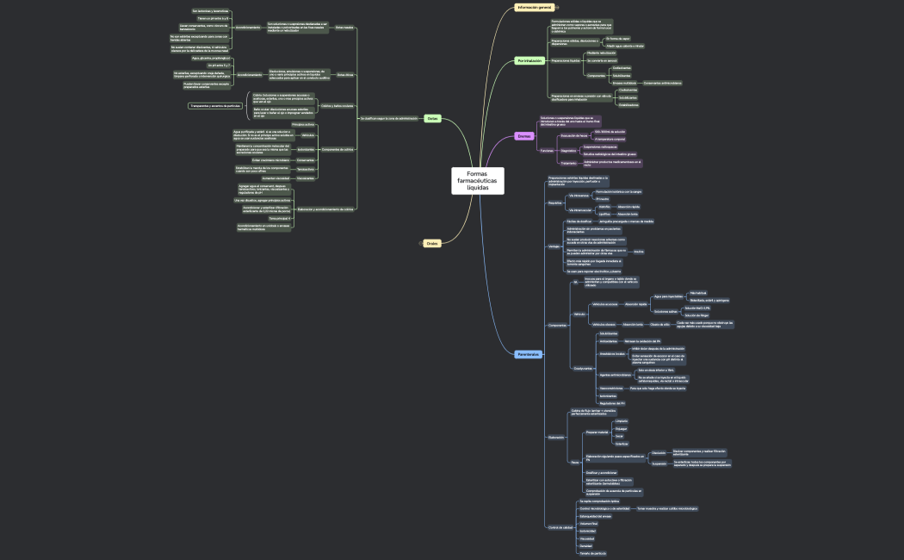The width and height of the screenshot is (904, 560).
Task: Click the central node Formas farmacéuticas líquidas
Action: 477,181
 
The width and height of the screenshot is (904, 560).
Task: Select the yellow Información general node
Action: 533,8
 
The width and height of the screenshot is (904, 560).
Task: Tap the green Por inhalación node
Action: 530,61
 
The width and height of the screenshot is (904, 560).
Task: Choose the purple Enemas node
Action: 524,136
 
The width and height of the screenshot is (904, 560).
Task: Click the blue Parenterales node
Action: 529,355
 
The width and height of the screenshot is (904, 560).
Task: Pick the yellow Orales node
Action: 432,244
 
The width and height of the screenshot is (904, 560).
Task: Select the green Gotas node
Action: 433,118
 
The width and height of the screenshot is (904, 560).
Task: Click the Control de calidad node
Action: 561,527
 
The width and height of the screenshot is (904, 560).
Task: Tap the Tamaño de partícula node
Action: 593,553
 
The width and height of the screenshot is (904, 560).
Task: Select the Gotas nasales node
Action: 344,28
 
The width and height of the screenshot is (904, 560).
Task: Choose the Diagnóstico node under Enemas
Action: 568,151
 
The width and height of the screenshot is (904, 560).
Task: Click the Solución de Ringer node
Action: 697,315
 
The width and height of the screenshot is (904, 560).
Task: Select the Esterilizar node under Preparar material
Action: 622,443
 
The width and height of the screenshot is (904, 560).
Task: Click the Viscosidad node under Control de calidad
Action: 587,538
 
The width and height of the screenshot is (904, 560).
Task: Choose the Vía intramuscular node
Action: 579,210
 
